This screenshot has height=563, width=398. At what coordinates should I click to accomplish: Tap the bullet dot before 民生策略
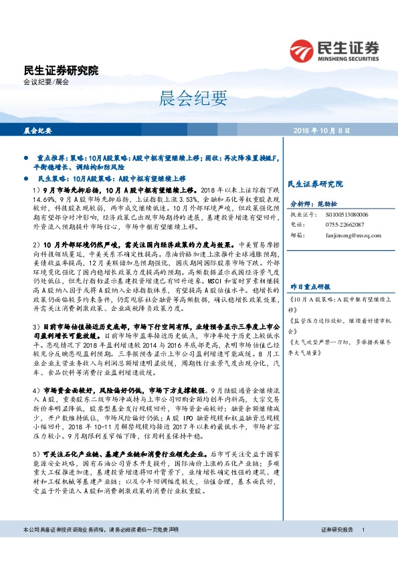click(x=25, y=179)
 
